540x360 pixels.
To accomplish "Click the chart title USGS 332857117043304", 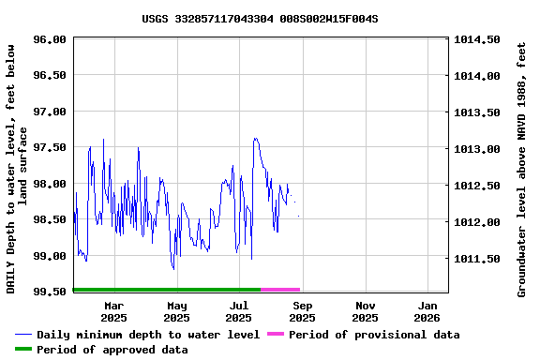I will point(260,18).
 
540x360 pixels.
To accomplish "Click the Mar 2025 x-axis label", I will point(113,311).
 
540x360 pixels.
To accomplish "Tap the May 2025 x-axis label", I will point(176,311).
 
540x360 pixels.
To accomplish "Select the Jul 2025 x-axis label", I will point(239,311).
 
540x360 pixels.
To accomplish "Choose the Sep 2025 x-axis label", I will point(302,311).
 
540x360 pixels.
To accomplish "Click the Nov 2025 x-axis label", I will point(366,311).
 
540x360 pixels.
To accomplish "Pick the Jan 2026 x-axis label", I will point(427,311).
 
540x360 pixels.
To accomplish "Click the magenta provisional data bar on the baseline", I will point(280,290).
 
